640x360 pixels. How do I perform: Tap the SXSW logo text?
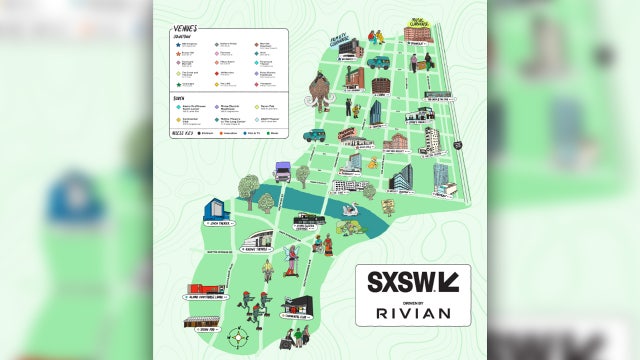(405, 281)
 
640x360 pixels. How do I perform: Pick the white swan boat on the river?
(349, 210)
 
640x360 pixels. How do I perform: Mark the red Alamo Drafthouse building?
(204, 291)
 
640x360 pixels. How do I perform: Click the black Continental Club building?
(297, 305)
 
